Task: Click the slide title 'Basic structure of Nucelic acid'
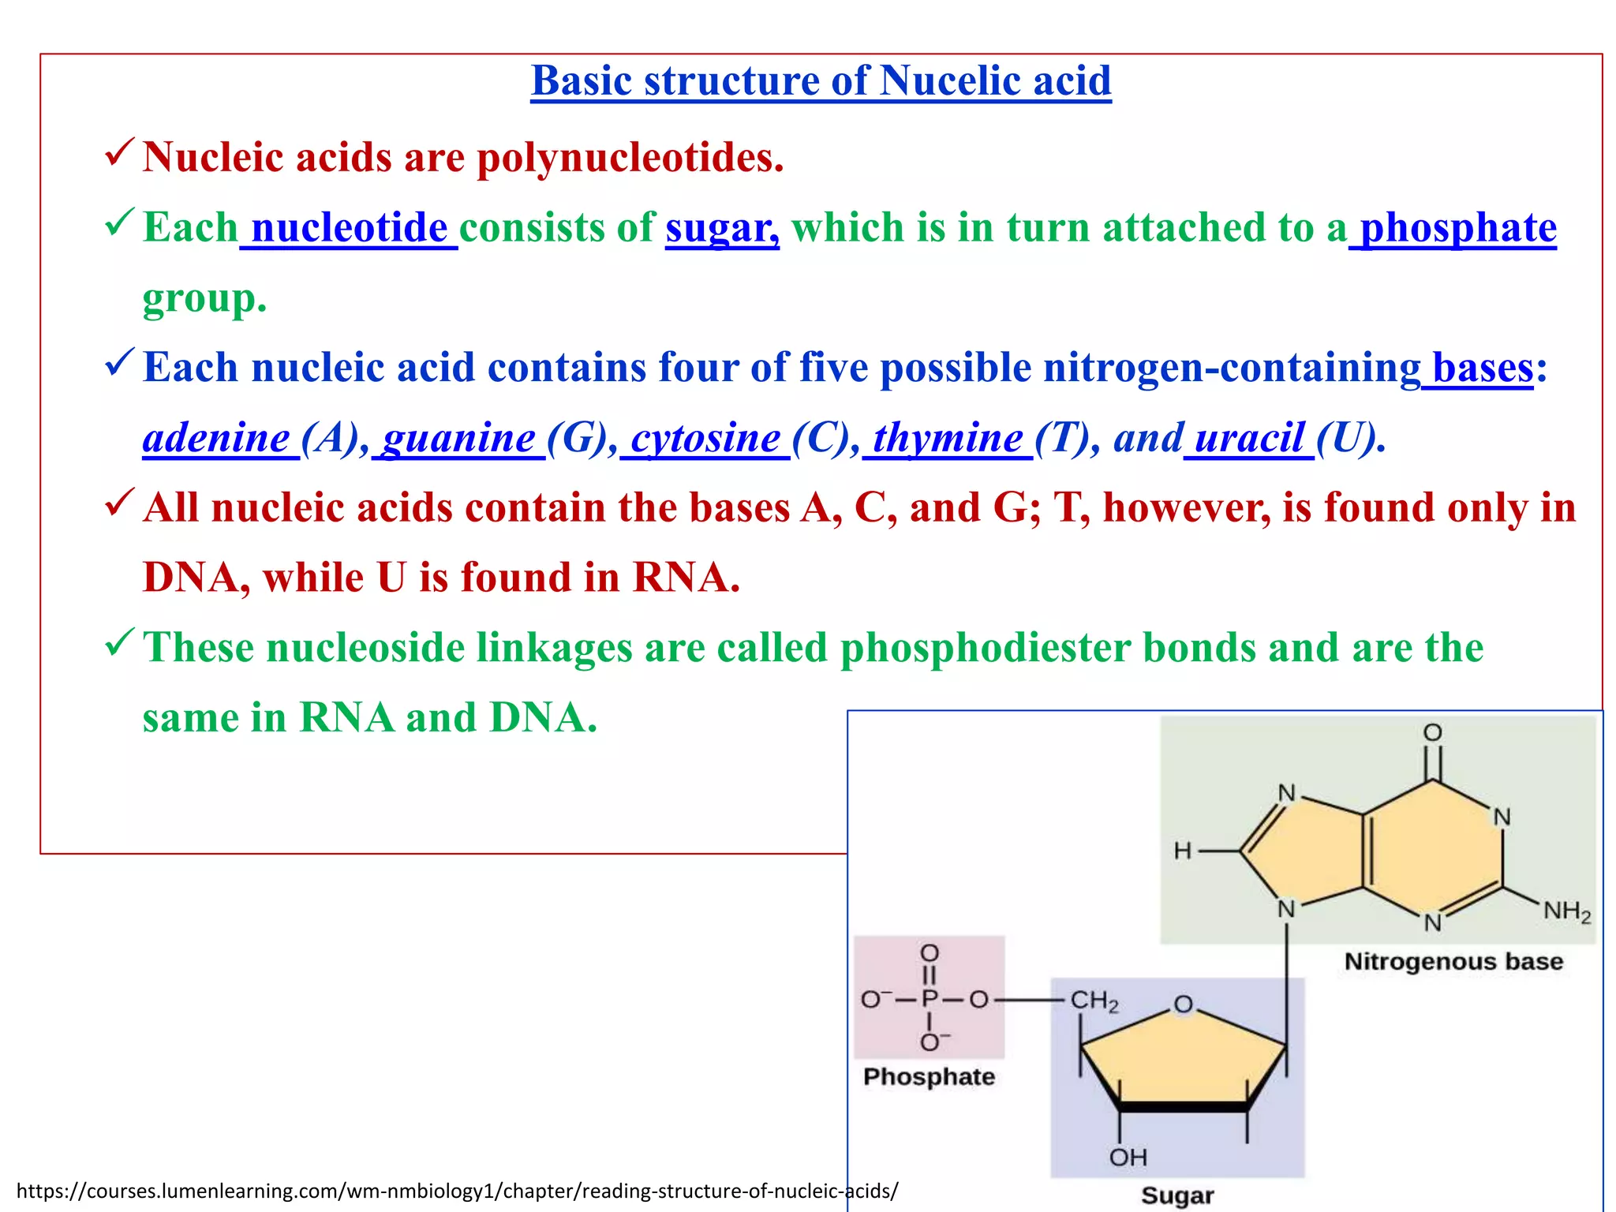821,81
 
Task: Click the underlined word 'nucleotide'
350,228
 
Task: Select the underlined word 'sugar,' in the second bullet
722,228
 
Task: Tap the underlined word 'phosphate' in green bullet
1457,228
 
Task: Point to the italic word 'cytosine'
705,438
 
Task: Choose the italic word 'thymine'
948,438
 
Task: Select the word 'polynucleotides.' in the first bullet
630,158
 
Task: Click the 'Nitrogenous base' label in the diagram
1453,962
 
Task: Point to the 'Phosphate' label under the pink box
929,1077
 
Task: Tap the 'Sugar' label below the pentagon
1177,1195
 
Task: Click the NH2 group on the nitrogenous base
1566,911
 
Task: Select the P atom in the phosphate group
930,1000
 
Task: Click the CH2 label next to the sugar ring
1094,1001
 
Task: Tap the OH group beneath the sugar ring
1128,1158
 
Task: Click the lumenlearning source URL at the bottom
457,1191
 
